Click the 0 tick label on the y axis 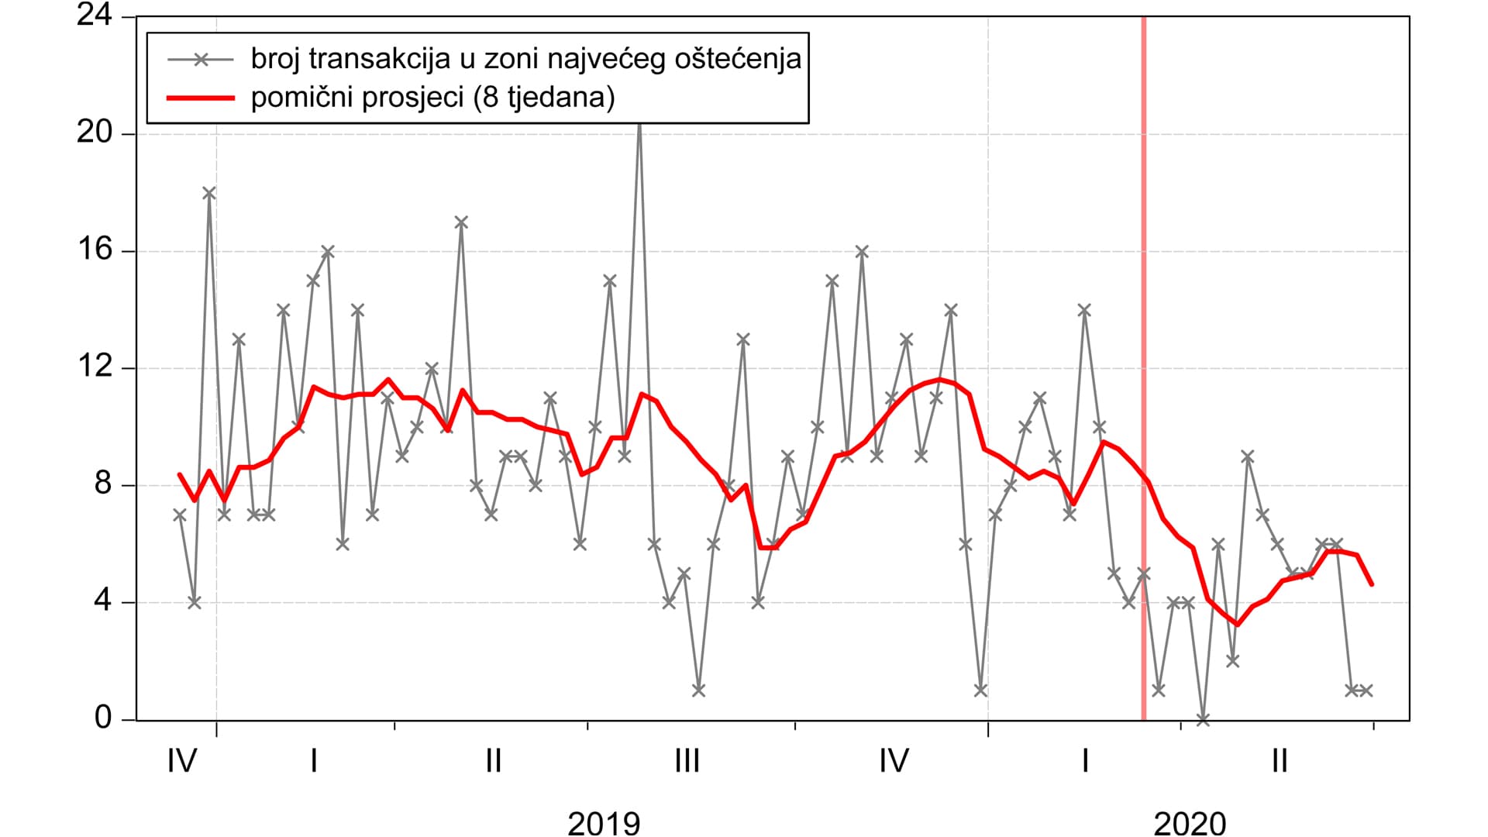[103, 718]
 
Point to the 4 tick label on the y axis [103, 601]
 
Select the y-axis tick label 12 [95, 367]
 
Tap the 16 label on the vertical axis [95, 250]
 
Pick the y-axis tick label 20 [95, 133]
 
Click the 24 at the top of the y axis [95, 15]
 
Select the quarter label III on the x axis [687, 762]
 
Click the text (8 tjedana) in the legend [542, 98]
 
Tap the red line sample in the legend [200, 98]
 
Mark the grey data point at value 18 [209, 193]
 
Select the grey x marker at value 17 [461, 222]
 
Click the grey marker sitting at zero [1203, 719]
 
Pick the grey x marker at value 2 [1233, 661]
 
